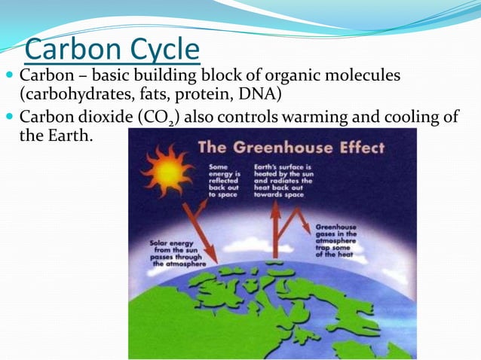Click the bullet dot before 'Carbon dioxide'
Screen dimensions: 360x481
[9, 117]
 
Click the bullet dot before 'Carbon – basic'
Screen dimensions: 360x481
[9, 76]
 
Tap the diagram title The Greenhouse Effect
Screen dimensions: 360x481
[291, 147]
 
